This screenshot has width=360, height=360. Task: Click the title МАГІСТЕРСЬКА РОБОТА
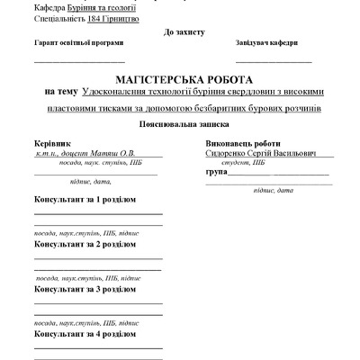click(x=181, y=79)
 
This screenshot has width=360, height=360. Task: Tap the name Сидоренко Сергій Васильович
click(x=255, y=153)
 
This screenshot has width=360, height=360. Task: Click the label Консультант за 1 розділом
click(x=85, y=197)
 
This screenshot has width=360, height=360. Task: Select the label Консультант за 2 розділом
click(x=85, y=243)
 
